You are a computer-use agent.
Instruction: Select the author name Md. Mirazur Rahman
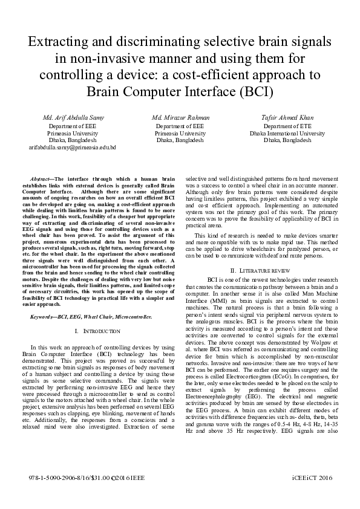point(180,117)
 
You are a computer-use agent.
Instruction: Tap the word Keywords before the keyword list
point(42,317)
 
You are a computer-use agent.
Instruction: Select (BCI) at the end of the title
point(255,92)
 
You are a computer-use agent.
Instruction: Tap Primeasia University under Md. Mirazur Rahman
point(180,133)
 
